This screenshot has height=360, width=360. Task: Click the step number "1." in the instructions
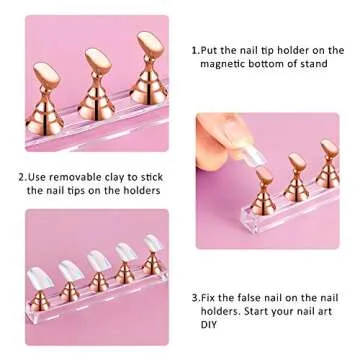pyautogui.click(x=195, y=48)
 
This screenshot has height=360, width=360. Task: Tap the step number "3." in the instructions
pyautogui.click(x=194, y=297)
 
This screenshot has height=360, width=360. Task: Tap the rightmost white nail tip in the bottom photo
pyautogui.click(x=150, y=245)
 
